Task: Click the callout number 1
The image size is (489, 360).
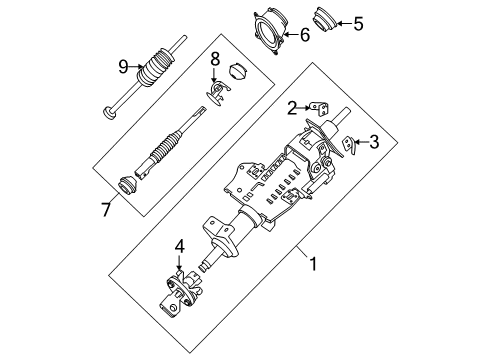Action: (315, 264)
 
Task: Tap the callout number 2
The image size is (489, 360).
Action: (291, 108)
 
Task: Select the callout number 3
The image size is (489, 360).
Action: (374, 142)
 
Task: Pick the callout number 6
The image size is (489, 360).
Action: (306, 35)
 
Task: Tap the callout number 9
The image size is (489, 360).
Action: (124, 66)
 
